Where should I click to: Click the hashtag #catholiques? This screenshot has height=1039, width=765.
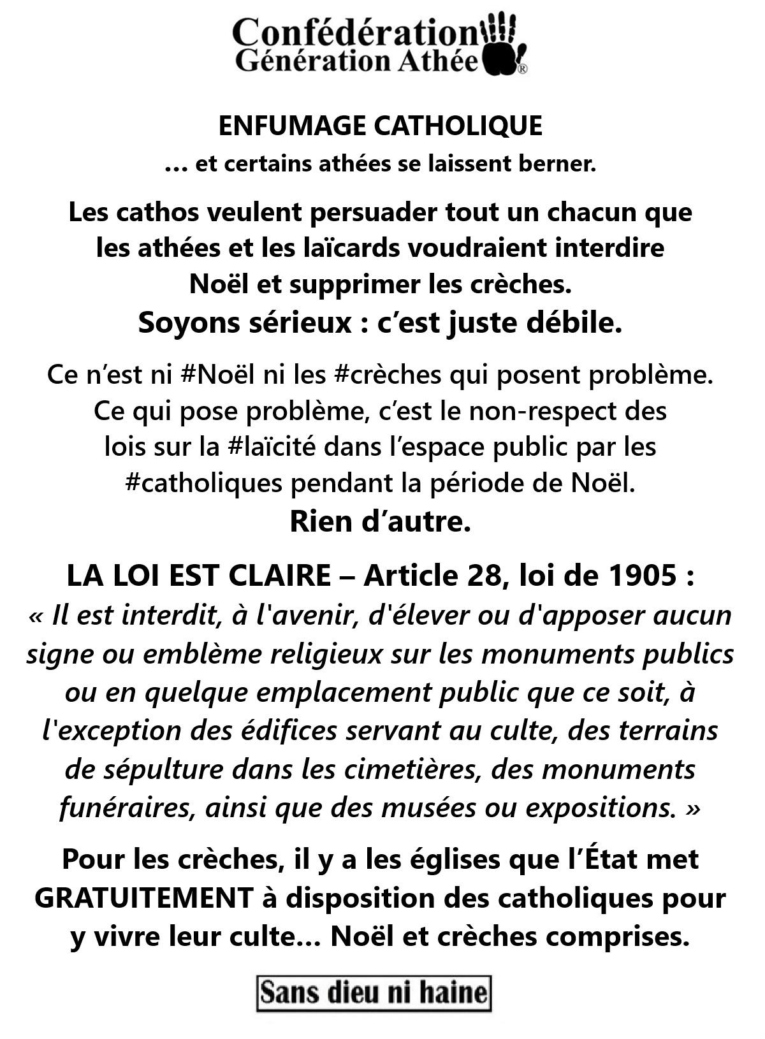203,483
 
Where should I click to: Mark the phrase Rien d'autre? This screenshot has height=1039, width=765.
380,521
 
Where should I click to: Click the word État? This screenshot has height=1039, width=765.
609,859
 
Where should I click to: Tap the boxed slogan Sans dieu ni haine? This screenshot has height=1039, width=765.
374,992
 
